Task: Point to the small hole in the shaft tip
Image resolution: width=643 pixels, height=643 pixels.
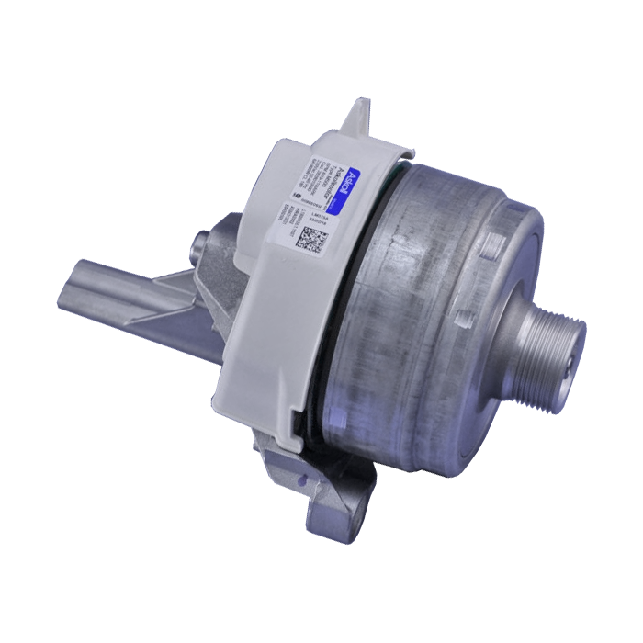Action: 573,349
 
